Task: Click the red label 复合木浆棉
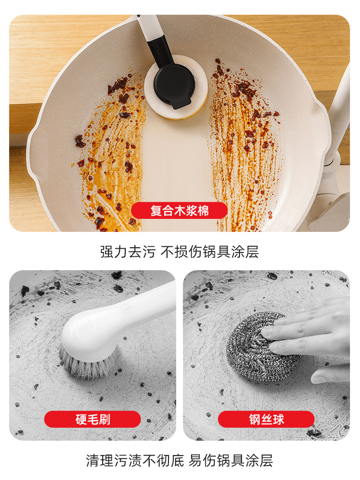click(x=179, y=210)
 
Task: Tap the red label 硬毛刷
click(x=92, y=419)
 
